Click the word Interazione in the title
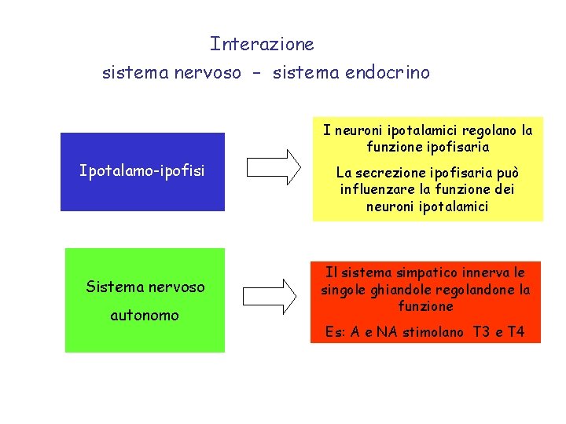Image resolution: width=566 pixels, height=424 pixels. [262, 45]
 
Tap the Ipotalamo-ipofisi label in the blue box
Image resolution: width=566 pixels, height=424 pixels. [142, 170]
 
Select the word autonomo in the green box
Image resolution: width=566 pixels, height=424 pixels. [145, 316]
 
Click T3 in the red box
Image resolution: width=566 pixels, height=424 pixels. [482, 332]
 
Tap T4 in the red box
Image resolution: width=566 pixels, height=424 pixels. [516, 332]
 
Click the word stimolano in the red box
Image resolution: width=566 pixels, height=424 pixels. [433, 332]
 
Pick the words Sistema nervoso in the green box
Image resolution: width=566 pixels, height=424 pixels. [145, 287]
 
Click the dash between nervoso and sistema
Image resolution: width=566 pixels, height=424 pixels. [257, 74]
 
